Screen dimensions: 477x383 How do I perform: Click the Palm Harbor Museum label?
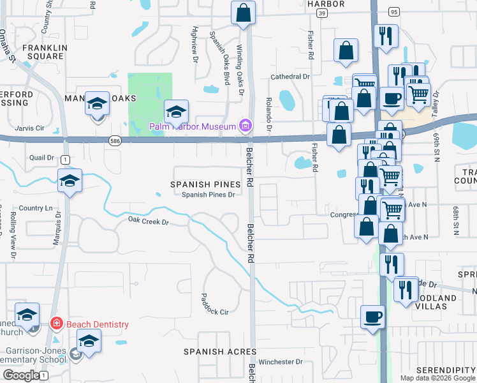click(x=193, y=126)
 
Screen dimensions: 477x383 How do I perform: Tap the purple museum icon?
click(x=244, y=126)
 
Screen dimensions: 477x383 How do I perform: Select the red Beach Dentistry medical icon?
click(x=56, y=324)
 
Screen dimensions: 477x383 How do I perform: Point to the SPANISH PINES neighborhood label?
click(x=205, y=184)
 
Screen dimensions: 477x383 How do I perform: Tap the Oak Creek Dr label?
click(x=147, y=222)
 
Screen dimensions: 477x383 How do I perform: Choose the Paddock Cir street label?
click(x=214, y=304)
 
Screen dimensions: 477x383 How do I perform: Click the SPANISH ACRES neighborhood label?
click(x=220, y=352)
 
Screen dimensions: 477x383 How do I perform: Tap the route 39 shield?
click(x=323, y=13)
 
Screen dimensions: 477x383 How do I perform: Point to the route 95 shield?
click(x=393, y=12)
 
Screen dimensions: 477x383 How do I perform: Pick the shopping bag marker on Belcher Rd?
click(x=243, y=13)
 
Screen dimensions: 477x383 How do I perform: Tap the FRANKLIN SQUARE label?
click(x=43, y=52)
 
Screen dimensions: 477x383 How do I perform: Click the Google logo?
click(x=20, y=375)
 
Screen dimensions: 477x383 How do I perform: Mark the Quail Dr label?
click(x=42, y=157)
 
